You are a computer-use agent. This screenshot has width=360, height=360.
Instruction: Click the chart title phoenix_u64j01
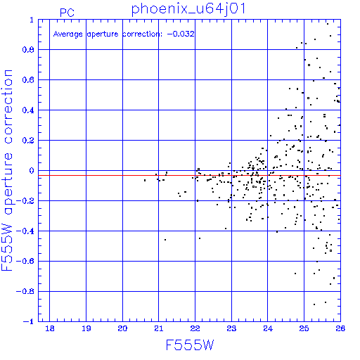pyautogui.click(x=188, y=9)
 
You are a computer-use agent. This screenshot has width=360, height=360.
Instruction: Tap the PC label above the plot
pyautogui.click(x=67, y=13)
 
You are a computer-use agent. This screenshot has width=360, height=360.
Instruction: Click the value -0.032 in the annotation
pyautogui.click(x=181, y=34)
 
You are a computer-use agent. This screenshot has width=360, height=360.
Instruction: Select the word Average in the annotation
pyautogui.click(x=68, y=34)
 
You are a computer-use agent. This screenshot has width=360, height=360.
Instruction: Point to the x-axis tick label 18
pyautogui.click(x=50, y=328)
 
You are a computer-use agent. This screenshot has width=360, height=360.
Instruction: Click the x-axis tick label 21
pyautogui.click(x=159, y=328)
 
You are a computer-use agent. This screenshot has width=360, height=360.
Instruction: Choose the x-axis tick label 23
pyautogui.click(x=231, y=328)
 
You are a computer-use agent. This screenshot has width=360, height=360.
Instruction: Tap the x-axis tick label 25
pyautogui.click(x=304, y=328)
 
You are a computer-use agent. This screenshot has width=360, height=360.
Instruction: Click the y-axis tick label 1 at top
pyautogui.click(x=32, y=20)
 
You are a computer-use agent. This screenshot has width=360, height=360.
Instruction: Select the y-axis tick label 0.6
pyautogui.click(x=28, y=80)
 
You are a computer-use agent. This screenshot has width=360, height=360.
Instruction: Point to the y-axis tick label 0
pyautogui.click(x=32, y=171)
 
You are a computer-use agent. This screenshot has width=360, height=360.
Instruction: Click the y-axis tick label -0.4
pyautogui.click(x=25, y=231)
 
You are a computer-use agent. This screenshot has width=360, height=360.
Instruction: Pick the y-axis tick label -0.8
pyautogui.click(x=25, y=291)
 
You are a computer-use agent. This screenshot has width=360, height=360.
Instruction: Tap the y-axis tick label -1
pyautogui.click(x=28, y=321)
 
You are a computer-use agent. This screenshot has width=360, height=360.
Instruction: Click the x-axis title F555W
pyautogui.click(x=190, y=345)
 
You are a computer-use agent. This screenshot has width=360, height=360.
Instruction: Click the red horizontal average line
pyautogui.click(x=189, y=175)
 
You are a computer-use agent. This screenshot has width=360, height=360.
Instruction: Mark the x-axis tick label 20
pyautogui.click(x=122, y=328)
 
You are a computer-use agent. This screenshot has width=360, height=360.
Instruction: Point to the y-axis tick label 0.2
pyautogui.click(x=28, y=141)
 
